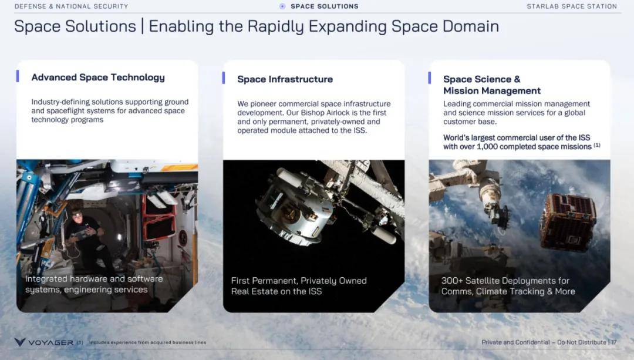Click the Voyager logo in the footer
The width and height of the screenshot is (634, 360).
(43, 342)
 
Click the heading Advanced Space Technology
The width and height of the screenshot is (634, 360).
(98, 78)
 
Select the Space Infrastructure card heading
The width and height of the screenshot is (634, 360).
(285, 79)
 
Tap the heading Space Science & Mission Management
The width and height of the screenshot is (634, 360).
(492, 85)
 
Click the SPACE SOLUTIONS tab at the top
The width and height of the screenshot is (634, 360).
(324, 6)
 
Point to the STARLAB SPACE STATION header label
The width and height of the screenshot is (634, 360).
(572, 6)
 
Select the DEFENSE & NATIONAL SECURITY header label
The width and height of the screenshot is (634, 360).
(71, 6)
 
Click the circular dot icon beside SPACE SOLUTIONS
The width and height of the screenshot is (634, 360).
(282, 6)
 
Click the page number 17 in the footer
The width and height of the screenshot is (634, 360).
(614, 342)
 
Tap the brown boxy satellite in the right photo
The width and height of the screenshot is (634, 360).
(568, 223)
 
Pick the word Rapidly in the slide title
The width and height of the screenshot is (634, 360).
(276, 26)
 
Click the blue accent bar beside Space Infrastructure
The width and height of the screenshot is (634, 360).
(224, 78)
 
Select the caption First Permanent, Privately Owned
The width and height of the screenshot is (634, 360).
(299, 281)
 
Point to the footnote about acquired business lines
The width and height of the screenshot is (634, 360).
(147, 342)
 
